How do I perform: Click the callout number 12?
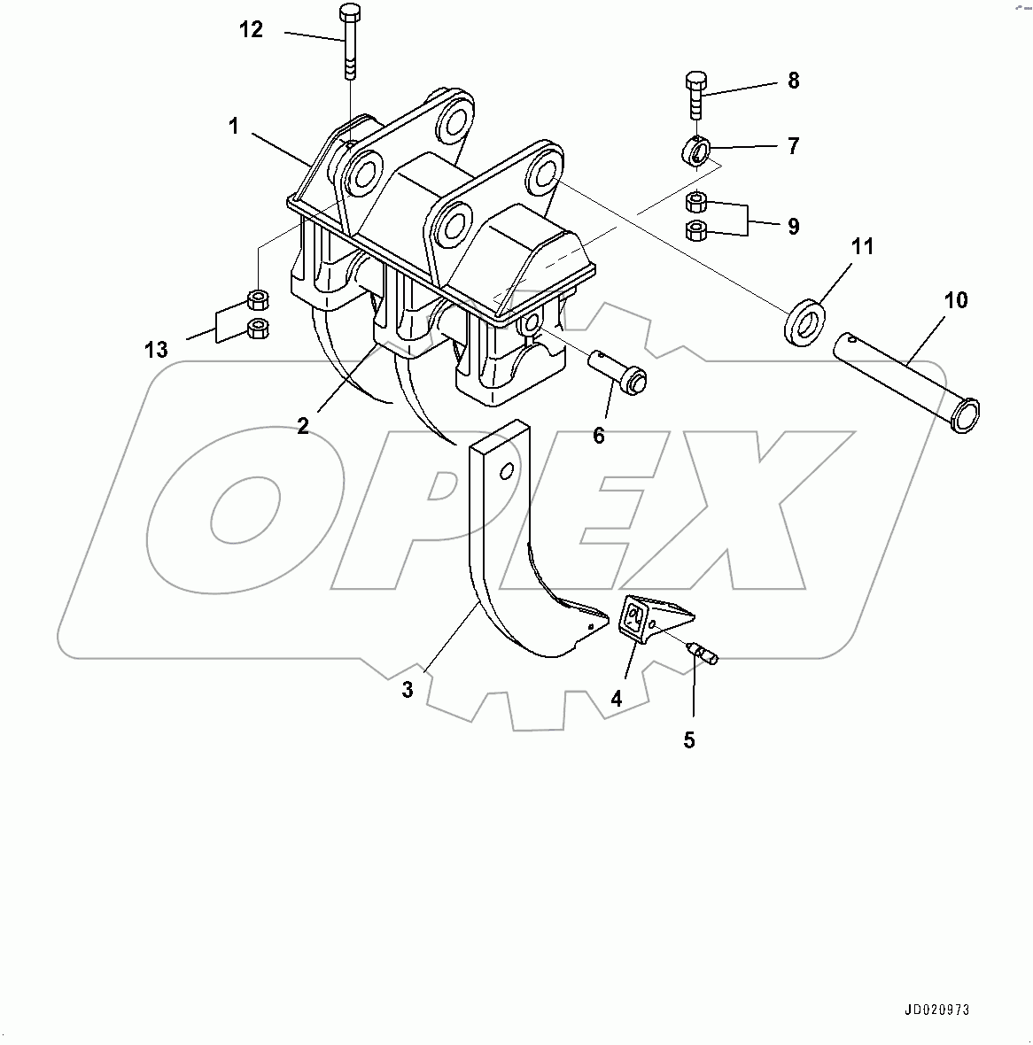click(x=252, y=29)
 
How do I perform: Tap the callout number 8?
click(x=793, y=81)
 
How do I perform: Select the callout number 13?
click(x=157, y=349)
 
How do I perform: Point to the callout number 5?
click(x=689, y=739)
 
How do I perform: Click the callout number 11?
click(x=862, y=246)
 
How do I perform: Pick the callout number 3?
click(x=408, y=690)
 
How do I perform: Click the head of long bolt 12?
click(x=349, y=12)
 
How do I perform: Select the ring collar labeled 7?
click(x=695, y=150)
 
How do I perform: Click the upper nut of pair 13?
click(x=258, y=300)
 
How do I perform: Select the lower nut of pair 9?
click(x=696, y=230)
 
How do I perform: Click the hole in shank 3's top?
click(x=506, y=471)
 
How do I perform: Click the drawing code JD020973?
click(x=937, y=1010)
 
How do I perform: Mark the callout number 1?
click(x=233, y=125)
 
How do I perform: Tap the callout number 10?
click(x=956, y=300)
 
